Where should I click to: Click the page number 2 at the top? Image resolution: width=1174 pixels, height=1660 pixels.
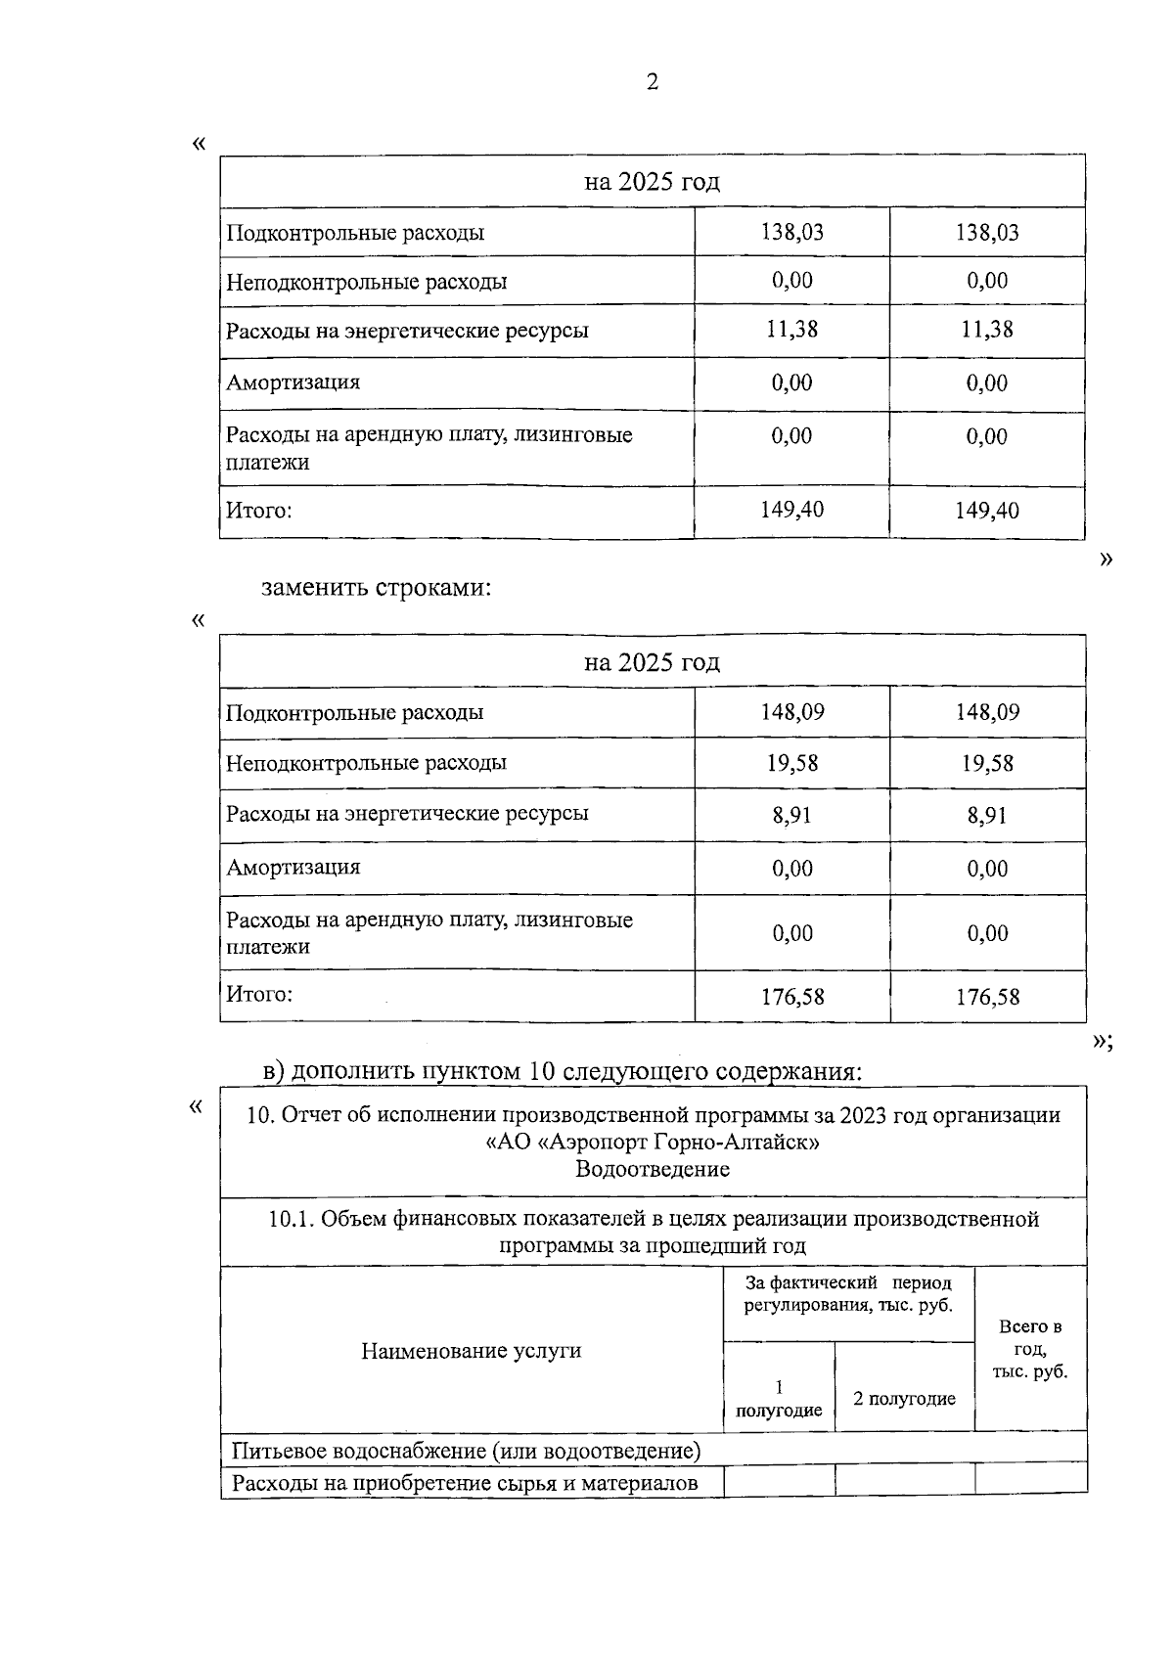coord(653,82)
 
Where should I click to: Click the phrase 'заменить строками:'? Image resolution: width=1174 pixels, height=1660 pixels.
coord(376,588)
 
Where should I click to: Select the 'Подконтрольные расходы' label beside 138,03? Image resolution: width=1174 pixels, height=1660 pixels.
coord(355,233)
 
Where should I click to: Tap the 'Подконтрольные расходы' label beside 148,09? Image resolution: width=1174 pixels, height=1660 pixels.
coord(354,712)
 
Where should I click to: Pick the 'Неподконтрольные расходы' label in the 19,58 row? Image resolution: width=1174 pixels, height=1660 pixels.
coord(366,763)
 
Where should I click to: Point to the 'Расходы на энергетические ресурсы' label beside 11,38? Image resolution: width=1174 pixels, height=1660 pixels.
coord(407,331)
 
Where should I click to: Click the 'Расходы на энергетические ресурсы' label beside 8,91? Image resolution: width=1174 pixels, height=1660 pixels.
coord(407,814)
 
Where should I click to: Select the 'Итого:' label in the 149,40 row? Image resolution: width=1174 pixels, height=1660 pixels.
coord(259,511)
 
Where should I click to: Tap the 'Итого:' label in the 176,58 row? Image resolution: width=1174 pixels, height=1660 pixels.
coord(259,995)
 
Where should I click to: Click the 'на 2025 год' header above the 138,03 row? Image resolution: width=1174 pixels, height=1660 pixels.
coord(652,182)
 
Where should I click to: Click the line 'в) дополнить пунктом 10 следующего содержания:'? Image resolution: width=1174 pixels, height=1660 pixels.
coord(563,1071)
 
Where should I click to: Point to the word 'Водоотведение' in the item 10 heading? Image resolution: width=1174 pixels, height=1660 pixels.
coord(652,1170)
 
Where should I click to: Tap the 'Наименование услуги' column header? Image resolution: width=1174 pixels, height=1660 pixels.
coord(471,1352)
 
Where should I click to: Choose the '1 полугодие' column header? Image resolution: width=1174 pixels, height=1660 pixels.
coord(779,1400)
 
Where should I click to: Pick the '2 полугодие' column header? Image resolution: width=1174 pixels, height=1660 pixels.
coord(904,1400)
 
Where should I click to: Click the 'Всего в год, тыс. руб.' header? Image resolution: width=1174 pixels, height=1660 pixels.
coord(1030,1350)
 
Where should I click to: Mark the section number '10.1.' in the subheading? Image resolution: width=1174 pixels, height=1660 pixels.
coord(291,1220)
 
